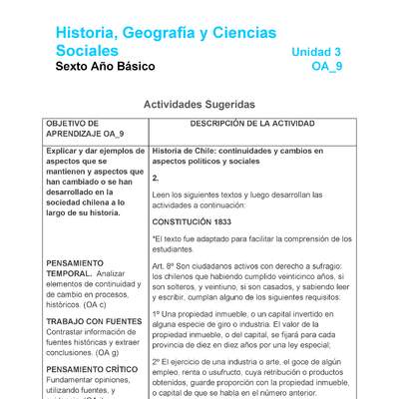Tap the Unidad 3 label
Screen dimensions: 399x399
(316, 52)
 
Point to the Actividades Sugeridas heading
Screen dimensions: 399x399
(199, 104)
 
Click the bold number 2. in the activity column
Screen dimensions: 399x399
(156, 178)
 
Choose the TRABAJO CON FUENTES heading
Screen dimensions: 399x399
(94, 321)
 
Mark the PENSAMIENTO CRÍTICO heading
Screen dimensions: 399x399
(92, 369)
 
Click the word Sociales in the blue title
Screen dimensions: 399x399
(88, 52)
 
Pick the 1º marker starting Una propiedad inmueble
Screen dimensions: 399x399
(157, 313)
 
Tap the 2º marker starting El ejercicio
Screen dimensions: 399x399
(157, 360)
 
